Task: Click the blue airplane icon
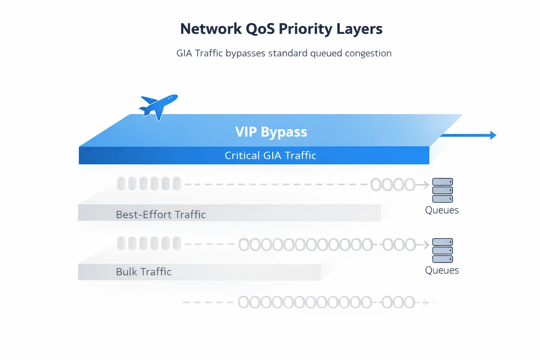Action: (159, 106)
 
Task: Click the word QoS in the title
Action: (260, 29)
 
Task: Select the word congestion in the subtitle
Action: (368, 53)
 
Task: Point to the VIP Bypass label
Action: (271, 132)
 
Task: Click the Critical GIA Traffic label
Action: (270, 155)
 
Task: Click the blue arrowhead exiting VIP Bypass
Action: (493, 135)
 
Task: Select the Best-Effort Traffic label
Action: (161, 214)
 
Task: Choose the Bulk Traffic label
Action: (143, 272)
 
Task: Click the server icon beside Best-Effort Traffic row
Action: (442, 190)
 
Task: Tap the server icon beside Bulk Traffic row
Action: (442, 250)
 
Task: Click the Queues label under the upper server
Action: (442, 210)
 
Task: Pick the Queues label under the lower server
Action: (442, 270)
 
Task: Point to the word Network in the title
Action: (211, 29)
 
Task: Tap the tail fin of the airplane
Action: (148, 99)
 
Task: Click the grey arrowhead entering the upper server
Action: (426, 185)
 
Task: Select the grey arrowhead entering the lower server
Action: (426, 245)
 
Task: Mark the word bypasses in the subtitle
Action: (245, 53)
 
